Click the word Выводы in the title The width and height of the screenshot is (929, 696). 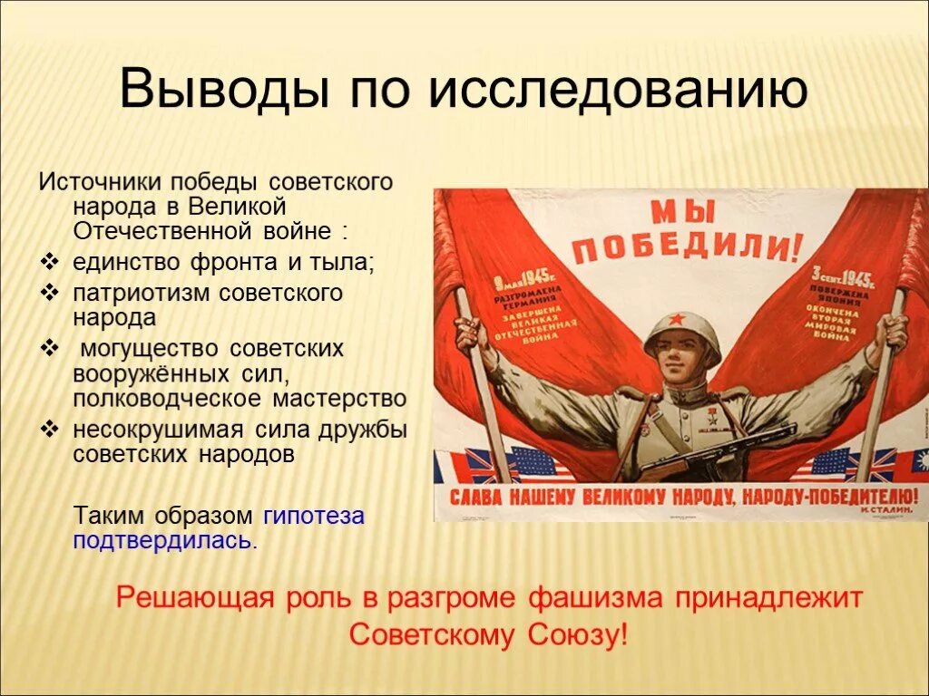213,92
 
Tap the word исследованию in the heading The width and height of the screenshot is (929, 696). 617,92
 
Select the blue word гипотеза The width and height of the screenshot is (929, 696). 313,517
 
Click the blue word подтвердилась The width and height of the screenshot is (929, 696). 164,541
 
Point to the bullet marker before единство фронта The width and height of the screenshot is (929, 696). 48,263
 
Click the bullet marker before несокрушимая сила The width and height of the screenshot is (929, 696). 48,430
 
